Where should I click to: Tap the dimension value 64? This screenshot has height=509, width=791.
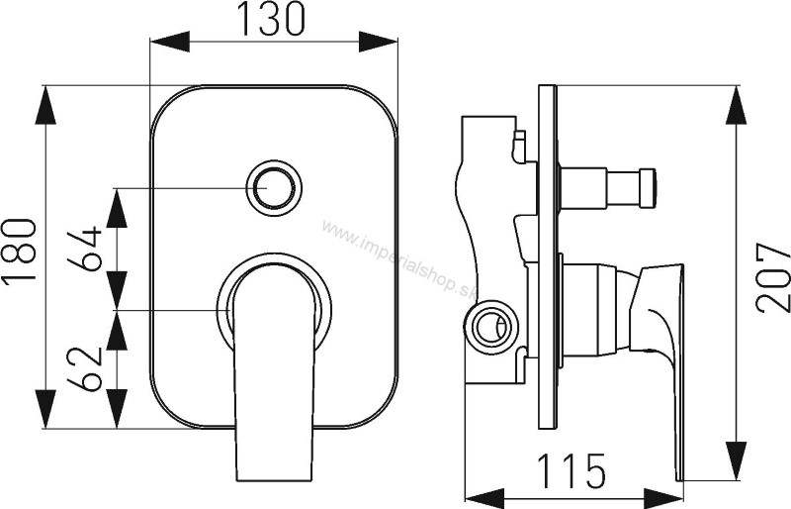click(x=85, y=249)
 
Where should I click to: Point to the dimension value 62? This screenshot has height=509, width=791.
click(x=85, y=369)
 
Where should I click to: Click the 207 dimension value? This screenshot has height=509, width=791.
click(x=773, y=277)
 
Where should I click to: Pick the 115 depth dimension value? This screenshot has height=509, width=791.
click(x=571, y=470)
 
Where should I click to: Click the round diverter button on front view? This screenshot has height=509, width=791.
click(x=274, y=187)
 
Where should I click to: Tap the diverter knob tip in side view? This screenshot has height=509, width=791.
click(x=649, y=188)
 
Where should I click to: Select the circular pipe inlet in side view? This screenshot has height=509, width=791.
click(x=489, y=324)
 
